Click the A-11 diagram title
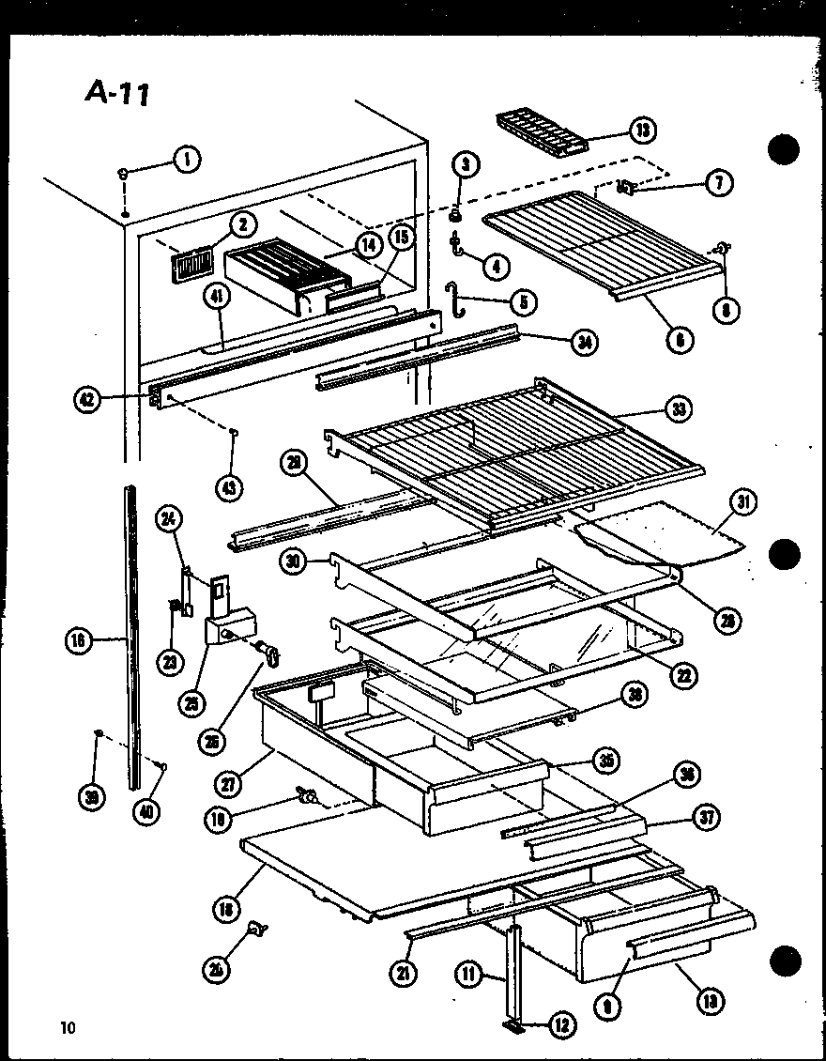point(117,92)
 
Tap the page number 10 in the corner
point(67,1027)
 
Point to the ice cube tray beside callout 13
point(540,134)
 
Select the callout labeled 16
point(80,641)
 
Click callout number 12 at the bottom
point(562,1025)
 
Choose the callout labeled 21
point(405,975)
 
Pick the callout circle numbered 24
point(170,517)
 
